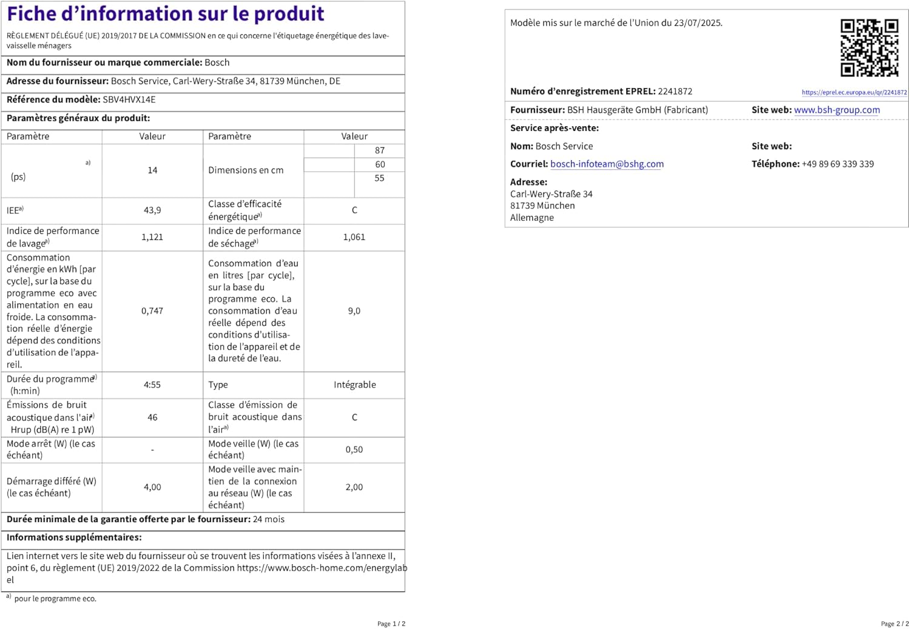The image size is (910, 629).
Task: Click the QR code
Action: (x=869, y=48)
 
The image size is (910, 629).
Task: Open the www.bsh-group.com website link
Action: (x=837, y=110)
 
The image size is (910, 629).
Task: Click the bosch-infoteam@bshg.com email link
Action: (x=607, y=164)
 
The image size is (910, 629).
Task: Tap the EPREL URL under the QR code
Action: (x=854, y=92)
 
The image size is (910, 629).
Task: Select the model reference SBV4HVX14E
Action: (x=129, y=99)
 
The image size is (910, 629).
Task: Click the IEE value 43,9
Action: (x=152, y=210)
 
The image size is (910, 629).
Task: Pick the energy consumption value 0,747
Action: (x=152, y=311)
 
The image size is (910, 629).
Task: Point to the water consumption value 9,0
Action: (x=354, y=311)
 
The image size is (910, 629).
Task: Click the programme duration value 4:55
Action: (x=152, y=385)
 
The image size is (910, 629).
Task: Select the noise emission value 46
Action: (x=152, y=417)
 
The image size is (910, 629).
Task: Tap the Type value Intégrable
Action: (x=355, y=385)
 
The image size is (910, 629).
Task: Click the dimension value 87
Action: (x=380, y=150)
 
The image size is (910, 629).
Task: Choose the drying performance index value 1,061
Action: (x=354, y=237)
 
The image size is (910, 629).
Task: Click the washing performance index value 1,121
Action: (x=152, y=237)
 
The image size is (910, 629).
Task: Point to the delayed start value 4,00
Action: (x=152, y=487)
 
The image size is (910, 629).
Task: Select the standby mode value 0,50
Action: (x=354, y=449)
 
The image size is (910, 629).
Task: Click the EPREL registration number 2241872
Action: (x=675, y=92)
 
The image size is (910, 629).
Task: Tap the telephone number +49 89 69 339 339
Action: (x=837, y=164)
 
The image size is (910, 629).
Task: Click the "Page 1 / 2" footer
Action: (x=391, y=624)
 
